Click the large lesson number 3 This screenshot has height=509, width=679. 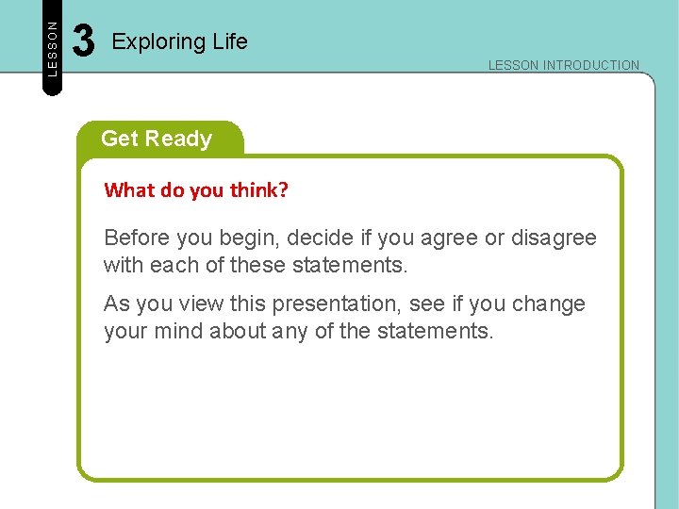pyautogui.click(x=84, y=41)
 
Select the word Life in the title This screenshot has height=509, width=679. pyautogui.click(x=229, y=41)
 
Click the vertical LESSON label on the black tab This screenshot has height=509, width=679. pyautogui.click(x=53, y=48)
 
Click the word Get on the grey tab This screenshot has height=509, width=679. pyautogui.click(x=119, y=139)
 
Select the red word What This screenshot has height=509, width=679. pyautogui.click(x=129, y=190)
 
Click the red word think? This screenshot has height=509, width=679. pyautogui.click(x=259, y=190)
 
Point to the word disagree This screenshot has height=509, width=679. pyautogui.click(x=554, y=238)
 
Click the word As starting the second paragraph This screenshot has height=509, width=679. pyautogui.click(x=117, y=304)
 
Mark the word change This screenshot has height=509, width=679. pyautogui.click(x=552, y=304)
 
